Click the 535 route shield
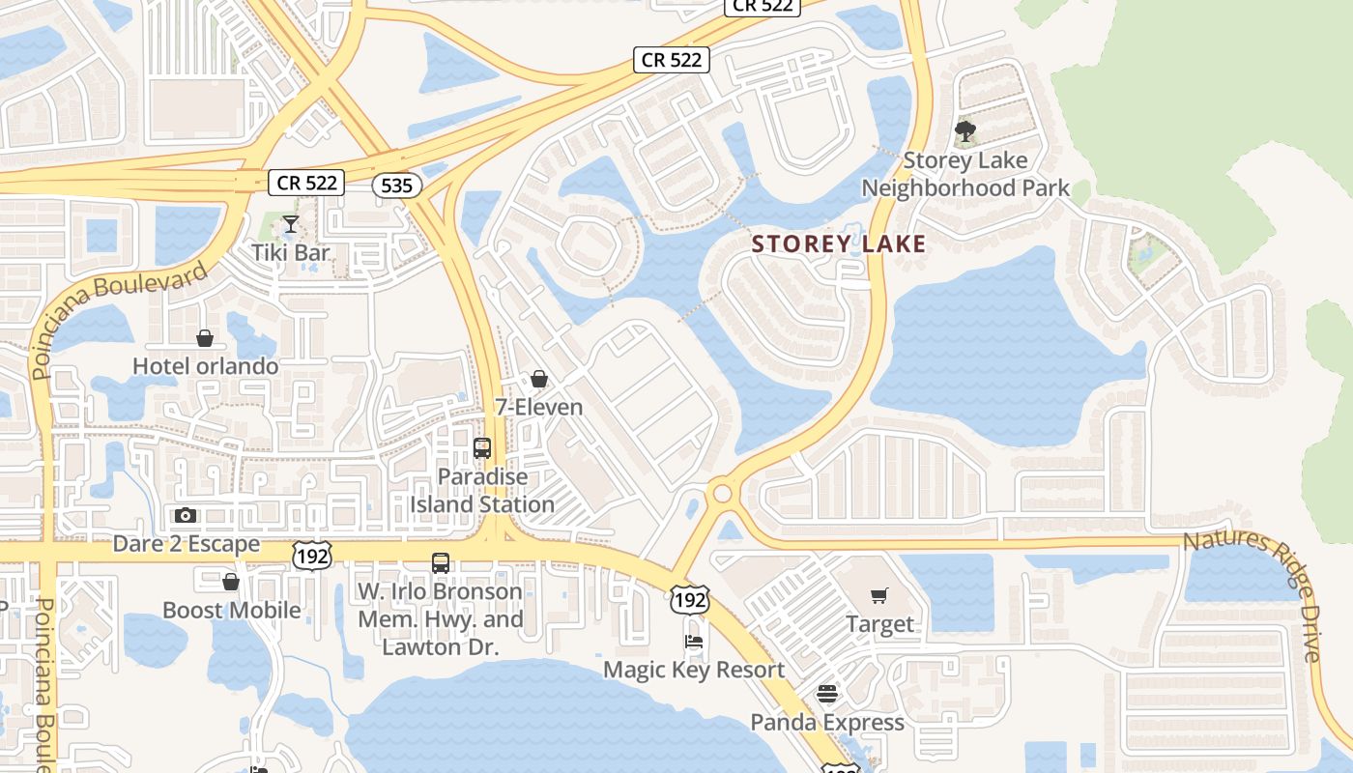tap(396, 186)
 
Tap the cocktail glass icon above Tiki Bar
tap(290, 225)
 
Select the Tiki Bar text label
tap(290, 253)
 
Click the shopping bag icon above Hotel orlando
tap(205, 338)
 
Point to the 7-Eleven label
tap(538, 407)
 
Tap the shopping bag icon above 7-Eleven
tap(539, 379)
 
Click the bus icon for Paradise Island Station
tap(482, 448)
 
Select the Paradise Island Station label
tap(482, 491)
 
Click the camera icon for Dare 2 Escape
tap(186, 515)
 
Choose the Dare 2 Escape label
tap(187, 544)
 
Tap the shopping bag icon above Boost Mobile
tap(231, 582)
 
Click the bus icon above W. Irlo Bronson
tap(441, 562)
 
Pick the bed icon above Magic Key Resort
tap(694, 641)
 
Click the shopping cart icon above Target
tap(878, 596)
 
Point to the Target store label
tap(879, 624)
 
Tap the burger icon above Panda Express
tap(826, 694)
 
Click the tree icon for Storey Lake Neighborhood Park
tap(964, 131)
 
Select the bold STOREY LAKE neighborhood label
tap(839, 244)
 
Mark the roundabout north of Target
tap(722, 494)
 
